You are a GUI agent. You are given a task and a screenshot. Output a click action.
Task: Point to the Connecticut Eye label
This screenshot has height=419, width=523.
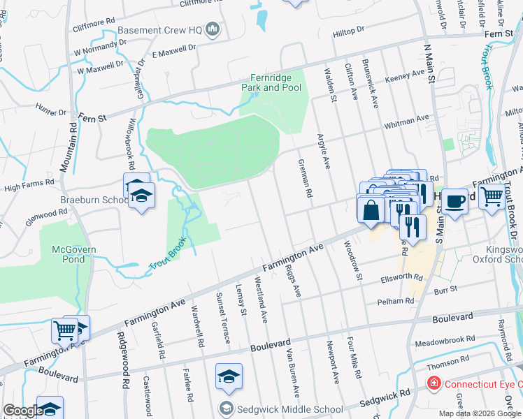pos(482,384)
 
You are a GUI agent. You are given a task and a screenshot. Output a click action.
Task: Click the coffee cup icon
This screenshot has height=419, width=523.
pos(454,201)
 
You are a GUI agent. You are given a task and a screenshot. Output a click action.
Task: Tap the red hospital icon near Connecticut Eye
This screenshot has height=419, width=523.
pos(434,384)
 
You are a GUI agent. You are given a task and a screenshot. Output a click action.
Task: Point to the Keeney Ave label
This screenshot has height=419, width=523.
pos(405,73)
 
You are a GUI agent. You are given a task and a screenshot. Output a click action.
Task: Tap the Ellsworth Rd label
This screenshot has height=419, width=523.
pos(399,277)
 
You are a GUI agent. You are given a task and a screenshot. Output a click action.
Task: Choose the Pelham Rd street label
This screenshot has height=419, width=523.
pos(396,301)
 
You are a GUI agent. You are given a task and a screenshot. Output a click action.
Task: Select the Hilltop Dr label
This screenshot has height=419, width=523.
pos(349,32)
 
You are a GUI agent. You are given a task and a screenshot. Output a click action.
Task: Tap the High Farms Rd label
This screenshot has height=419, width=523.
pos(29,186)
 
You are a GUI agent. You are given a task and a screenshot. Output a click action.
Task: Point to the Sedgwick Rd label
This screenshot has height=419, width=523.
pos(385,399)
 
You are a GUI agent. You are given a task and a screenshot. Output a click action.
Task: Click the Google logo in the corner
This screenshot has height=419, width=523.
pos(22,411)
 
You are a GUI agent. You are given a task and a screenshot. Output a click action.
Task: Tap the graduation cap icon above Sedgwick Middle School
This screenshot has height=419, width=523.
pos(228,376)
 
